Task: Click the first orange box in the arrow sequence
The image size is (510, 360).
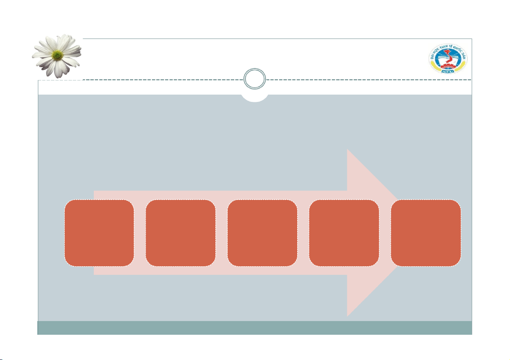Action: (x=99, y=232)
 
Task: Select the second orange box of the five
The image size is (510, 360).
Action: (x=180, y=232)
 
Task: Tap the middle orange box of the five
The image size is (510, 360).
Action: (x=262, y=232)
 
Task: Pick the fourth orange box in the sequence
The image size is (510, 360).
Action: (x=344, y=232)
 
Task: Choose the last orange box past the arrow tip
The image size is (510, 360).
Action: (x=426, y=232)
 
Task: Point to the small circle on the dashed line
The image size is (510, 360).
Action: (x=254, y=80)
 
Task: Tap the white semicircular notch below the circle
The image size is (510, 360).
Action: (x=255, y=98)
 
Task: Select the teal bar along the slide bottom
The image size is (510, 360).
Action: (x=255, y=327)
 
